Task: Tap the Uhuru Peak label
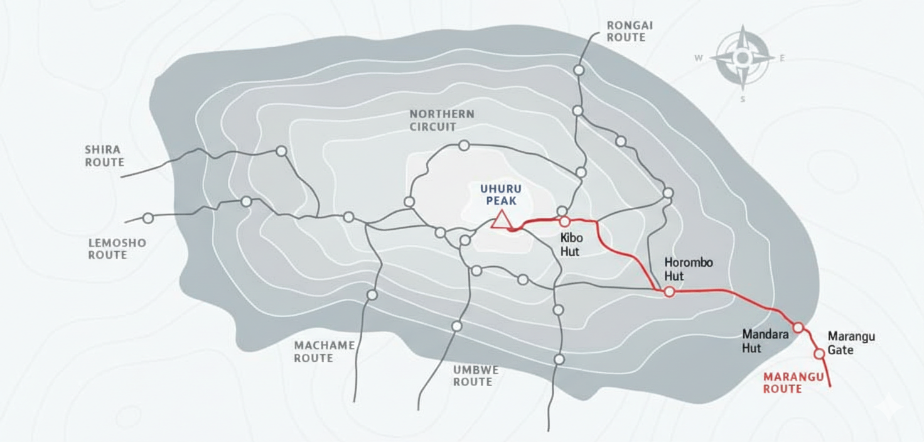point(501,195)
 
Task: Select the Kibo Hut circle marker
point(564,221)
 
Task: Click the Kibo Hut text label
point(571,245)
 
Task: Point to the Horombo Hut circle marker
point(669,291)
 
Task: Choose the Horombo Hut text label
point(689,269)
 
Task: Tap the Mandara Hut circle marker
point(798,327)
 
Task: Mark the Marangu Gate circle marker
point(819,353)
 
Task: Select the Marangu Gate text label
point(851,343)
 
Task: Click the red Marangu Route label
point(783,383)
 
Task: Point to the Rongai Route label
point(630,31)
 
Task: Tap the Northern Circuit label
point(442,121)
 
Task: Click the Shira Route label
point(104,156)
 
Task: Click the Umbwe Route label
point(476,375)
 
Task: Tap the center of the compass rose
point(743,58)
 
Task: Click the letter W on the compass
point(698,58)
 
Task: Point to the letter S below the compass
point(743,99)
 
